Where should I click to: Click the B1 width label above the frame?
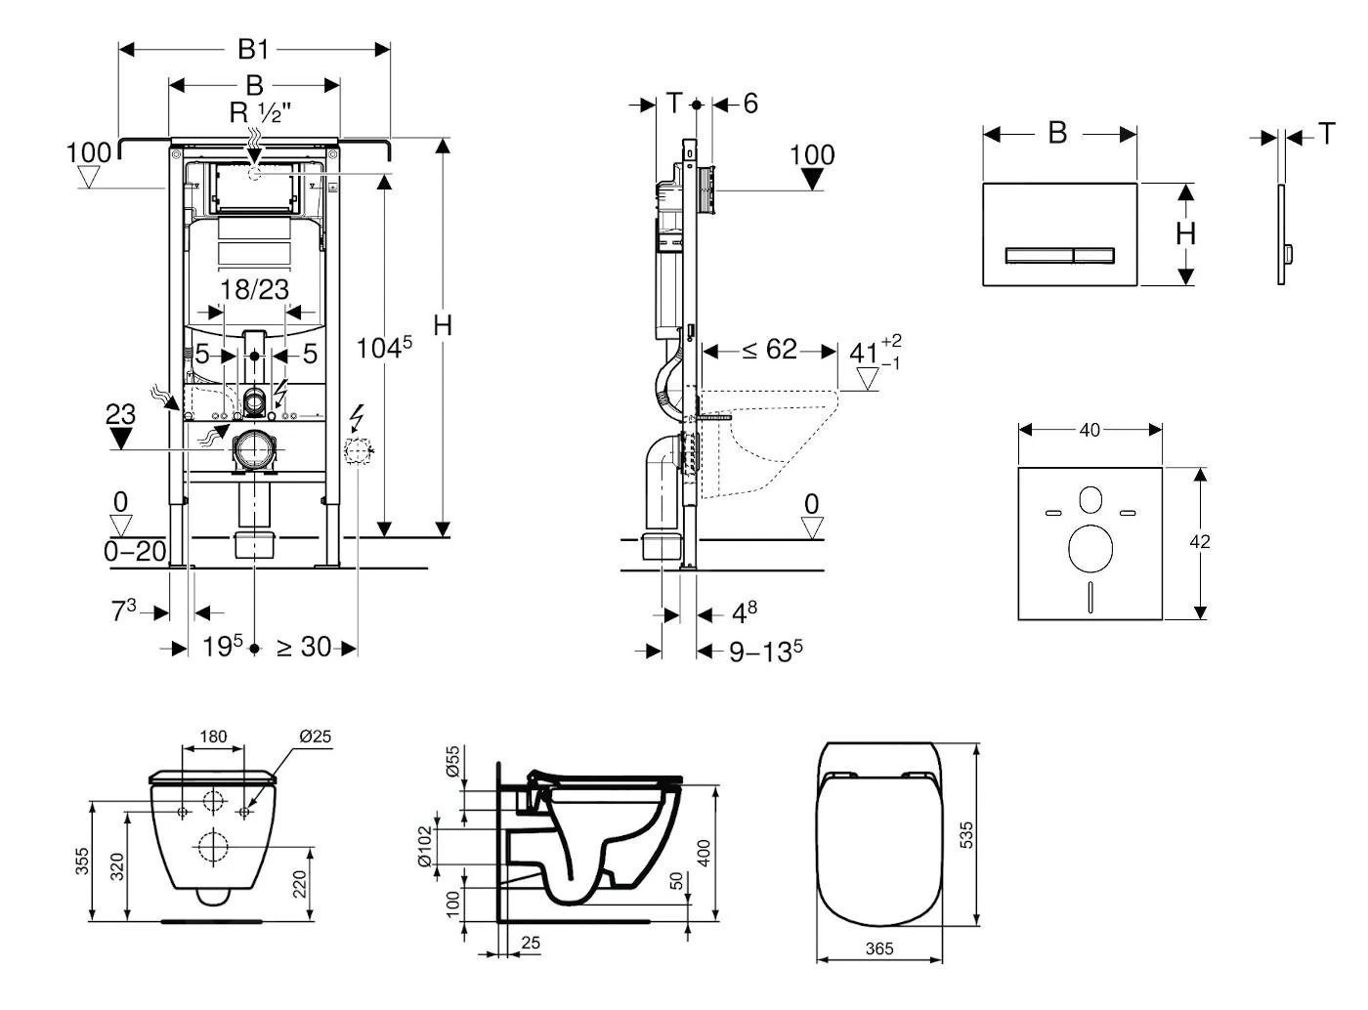(253, 49)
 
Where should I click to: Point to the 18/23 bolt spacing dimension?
(254, 289)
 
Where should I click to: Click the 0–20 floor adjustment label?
(135, 551)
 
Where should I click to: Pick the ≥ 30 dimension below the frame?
(304, 647)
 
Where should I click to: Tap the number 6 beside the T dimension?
(749, 104)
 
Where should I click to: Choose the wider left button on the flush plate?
(1040, 256)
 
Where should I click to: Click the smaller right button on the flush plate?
(1093, 256)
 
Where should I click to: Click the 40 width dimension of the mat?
(1090, 429)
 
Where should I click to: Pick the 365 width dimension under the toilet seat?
(879, 948)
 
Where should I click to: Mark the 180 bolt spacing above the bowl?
(213, 736)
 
